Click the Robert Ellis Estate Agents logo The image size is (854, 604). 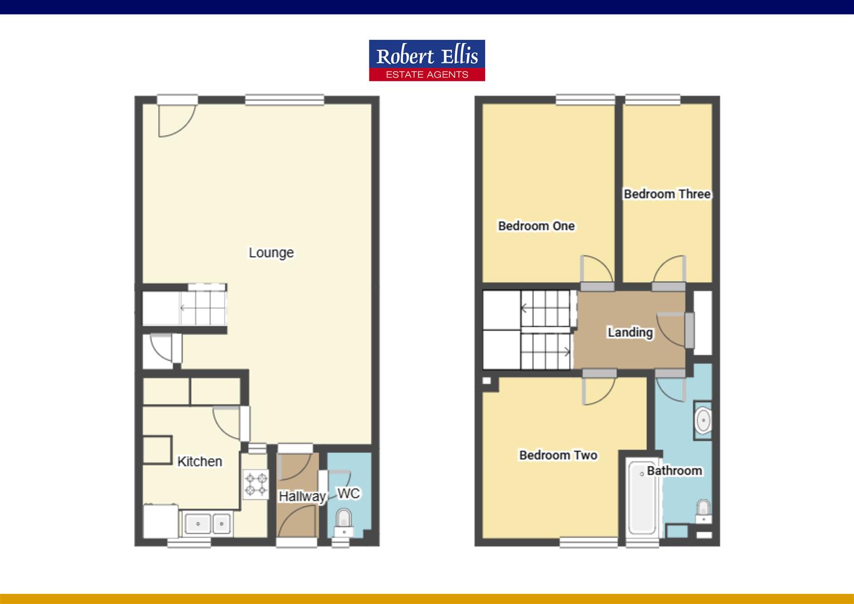click(x=426, y=60)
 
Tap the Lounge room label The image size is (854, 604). click(x=271, y=253)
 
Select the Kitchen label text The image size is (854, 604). click(x=200, y=461)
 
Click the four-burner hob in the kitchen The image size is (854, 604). click(x=255, y=484)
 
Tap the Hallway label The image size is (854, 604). click(x=302, y=496)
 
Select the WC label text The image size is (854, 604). click(x=349, y=493)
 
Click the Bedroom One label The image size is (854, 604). click(x=536, y=226)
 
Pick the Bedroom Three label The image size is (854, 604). click(x=667, y=194)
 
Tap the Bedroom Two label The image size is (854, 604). click(x=558, y=455)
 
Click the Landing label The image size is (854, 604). click(x=630, y=332)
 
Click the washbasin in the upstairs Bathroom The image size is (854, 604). click(x=703, y=421)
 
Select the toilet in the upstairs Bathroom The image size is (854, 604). click(x=703, y=510)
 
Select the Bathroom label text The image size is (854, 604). click(x=674, y=471)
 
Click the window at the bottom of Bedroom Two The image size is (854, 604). click(x=589, y=541)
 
